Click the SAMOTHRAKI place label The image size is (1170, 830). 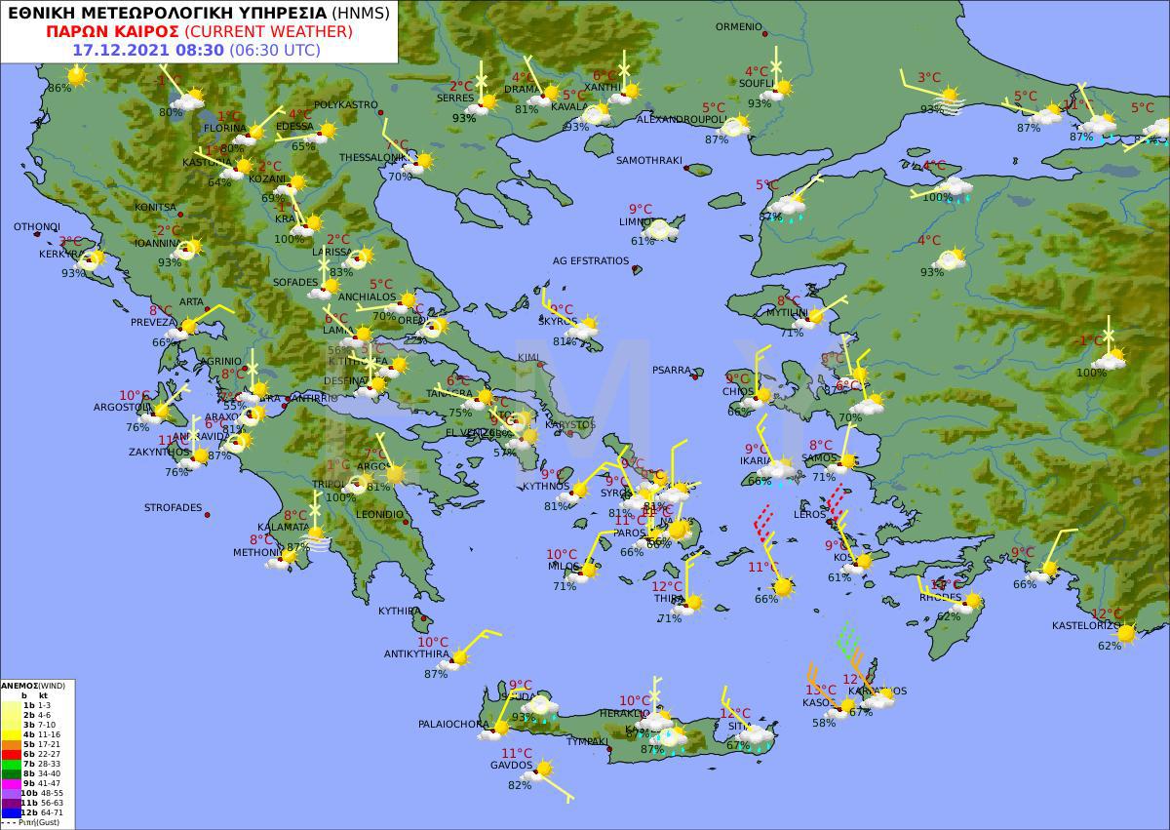[648, 160]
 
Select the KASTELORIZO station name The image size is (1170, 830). [1086, 625]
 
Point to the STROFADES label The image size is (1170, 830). [174, 508]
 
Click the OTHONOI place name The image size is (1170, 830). [37, 227]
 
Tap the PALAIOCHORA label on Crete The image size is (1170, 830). [453, 725]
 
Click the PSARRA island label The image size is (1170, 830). [672, 371]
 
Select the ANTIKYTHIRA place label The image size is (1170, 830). [416, 653]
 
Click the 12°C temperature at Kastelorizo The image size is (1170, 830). [1107, 614]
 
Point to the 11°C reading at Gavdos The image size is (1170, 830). [517, 753]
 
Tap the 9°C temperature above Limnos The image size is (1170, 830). [640, 209]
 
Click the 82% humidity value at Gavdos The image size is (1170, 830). [520, 785]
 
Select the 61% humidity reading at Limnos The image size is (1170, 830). [643, 241]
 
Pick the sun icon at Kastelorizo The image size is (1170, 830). [1126, 634]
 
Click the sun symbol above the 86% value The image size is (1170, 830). [76, 75]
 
